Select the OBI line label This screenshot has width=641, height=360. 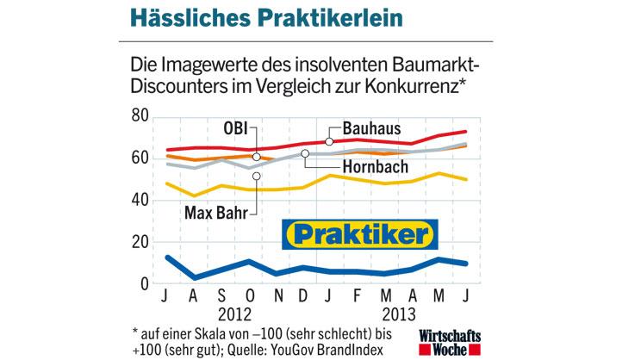(234, 129)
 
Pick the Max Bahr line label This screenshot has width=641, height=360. (212, 210)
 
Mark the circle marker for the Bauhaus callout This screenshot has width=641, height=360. (329, 140)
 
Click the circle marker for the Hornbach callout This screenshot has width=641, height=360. (304, 154)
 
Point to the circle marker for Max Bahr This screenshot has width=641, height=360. (256, 177)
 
